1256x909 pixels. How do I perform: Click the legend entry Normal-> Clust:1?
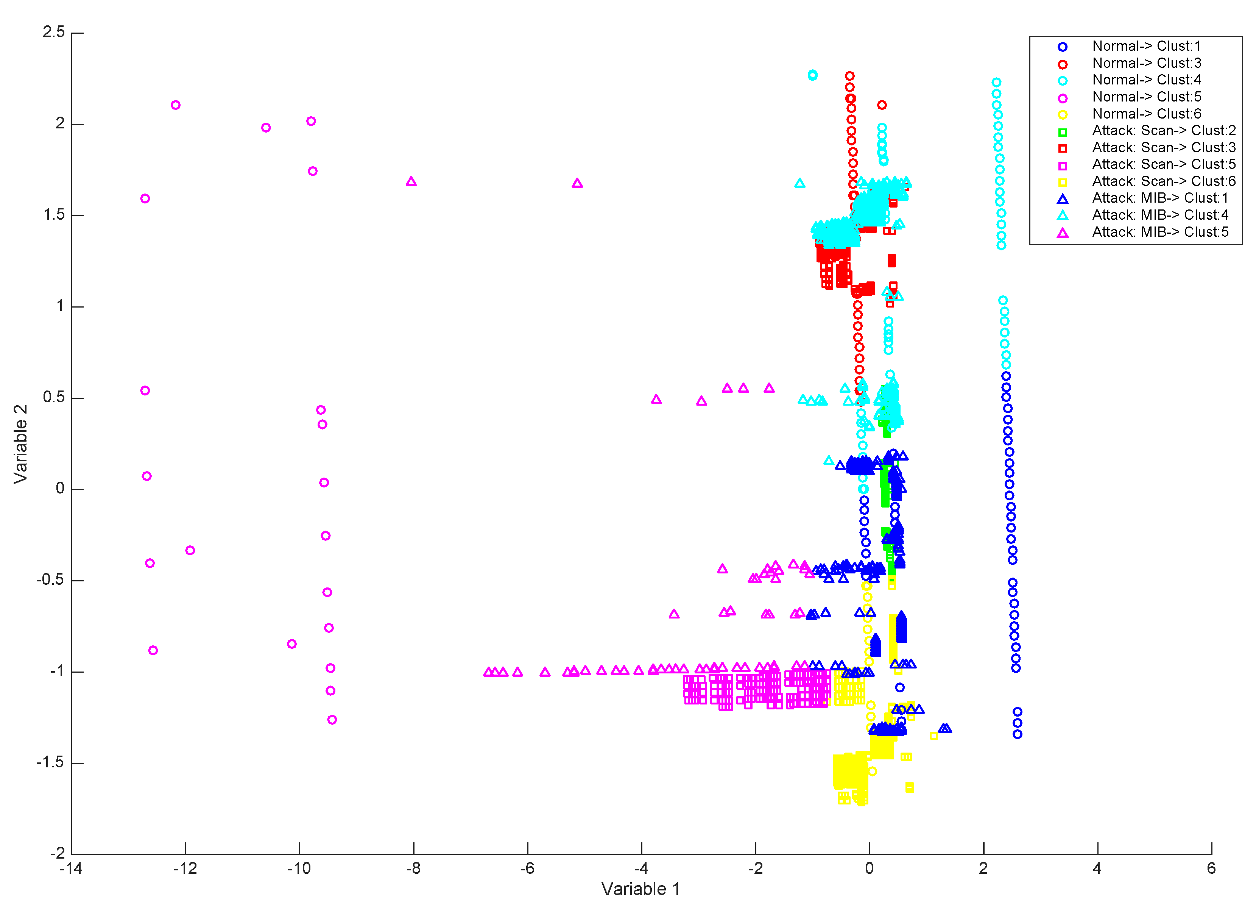click(x=1146, y=47)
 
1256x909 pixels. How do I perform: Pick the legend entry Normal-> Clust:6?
click(x=1146, y=114)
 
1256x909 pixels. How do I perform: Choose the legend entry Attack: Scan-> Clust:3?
click(x=1163, y=148)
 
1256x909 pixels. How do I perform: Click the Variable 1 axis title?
click(x=641, y=889)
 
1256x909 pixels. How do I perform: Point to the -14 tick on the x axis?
click(x=72, y=868)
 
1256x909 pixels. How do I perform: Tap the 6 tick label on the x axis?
click(x=1211, y=868)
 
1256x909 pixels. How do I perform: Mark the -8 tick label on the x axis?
click(x=413, y=868)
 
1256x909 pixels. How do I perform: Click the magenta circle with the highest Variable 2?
click(x=176, y=105)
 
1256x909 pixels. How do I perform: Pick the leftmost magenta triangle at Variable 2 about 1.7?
click(x=411, y=182)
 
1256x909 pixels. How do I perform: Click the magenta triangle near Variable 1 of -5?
click(x=577, y=183)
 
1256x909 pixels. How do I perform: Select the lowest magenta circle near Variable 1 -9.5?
click(x=332, y=720)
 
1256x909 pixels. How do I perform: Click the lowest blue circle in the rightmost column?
click(x=1017, y=734)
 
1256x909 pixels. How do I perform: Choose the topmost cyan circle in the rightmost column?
click(x=996, y=83)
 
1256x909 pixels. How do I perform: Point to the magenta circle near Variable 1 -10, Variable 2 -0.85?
click(x=292, y=643)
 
